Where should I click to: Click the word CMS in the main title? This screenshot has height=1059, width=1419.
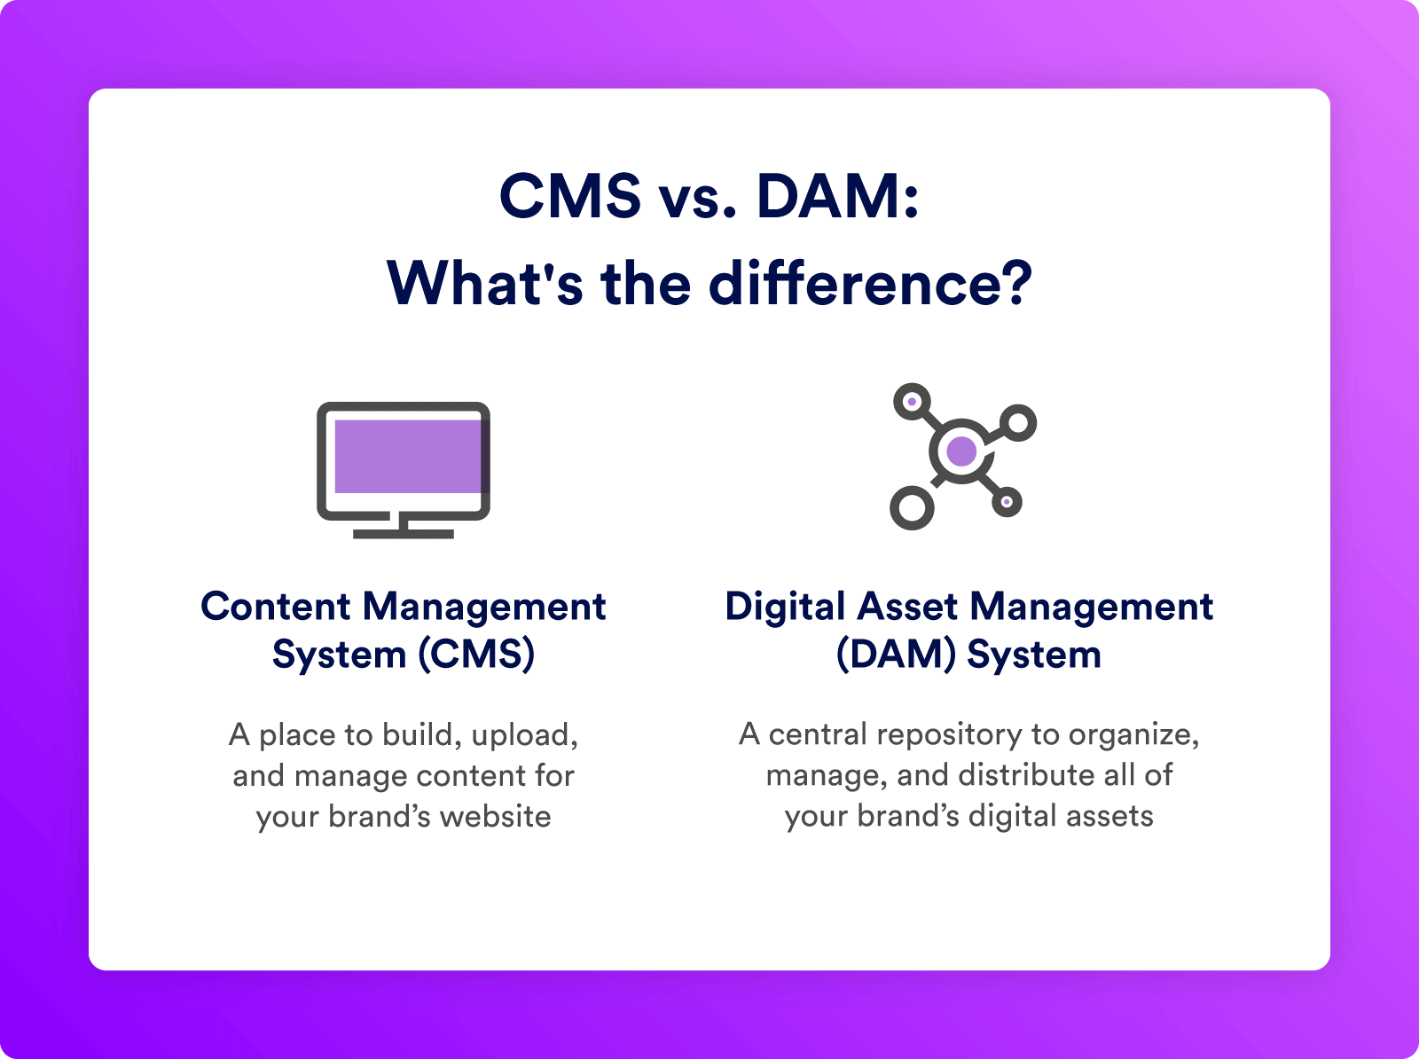pyautogui.click(x=570, y=196)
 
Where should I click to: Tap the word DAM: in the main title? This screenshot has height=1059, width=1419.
pyautogui.click(x=838, y=196)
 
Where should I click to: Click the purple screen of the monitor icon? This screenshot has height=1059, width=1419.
pyautogui.click(x=408, y=457)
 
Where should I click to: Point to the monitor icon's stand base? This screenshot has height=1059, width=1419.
pyautogui.click(x=404, y=534)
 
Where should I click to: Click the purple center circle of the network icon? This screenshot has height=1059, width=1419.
pyautogui.click(x=961, y=451)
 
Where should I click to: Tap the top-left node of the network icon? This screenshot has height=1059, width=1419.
pyautogui.click(x=912, y=402)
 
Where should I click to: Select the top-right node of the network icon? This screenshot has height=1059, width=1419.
pyautogui.click(x=1018, y=423)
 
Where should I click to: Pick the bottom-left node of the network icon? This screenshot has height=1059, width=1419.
pyautogui.click(x=913, y=508)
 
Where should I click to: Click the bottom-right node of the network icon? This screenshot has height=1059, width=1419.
pyautogui.click(x=1007, y=502)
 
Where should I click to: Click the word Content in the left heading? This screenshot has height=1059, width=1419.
pyautogui.click(x=276, y=607)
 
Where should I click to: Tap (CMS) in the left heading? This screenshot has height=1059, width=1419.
pyautogui.click(x=476, y=654)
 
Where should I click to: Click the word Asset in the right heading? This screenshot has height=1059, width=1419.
pyautogui.click(x=907, y=607)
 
